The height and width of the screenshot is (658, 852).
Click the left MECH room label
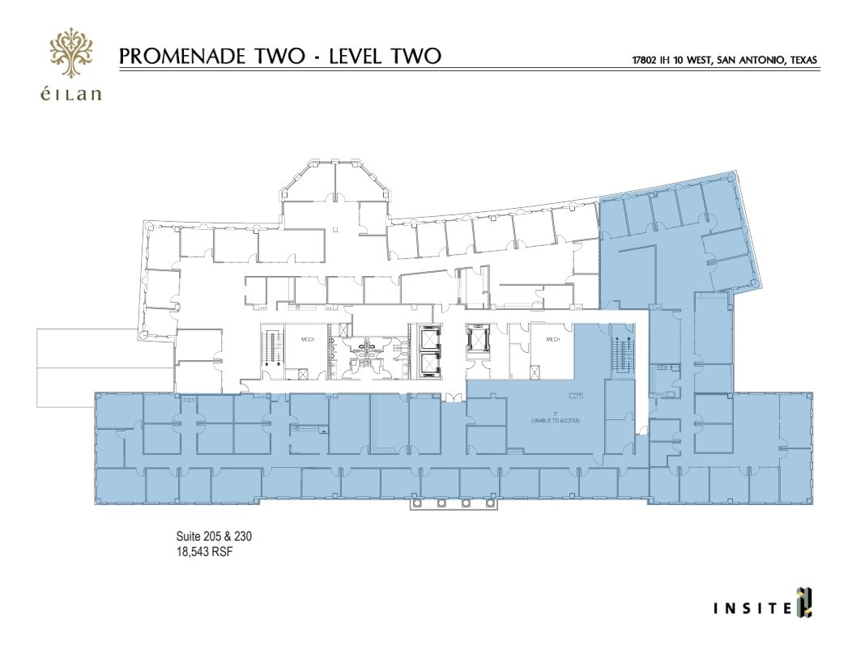coord(308,340)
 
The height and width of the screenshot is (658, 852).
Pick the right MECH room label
coord(553,340)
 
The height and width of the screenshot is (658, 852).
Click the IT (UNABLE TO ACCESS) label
coord(556,418)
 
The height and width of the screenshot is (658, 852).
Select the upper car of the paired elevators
coord(428,337)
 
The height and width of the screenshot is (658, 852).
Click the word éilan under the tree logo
coord(71,94)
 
